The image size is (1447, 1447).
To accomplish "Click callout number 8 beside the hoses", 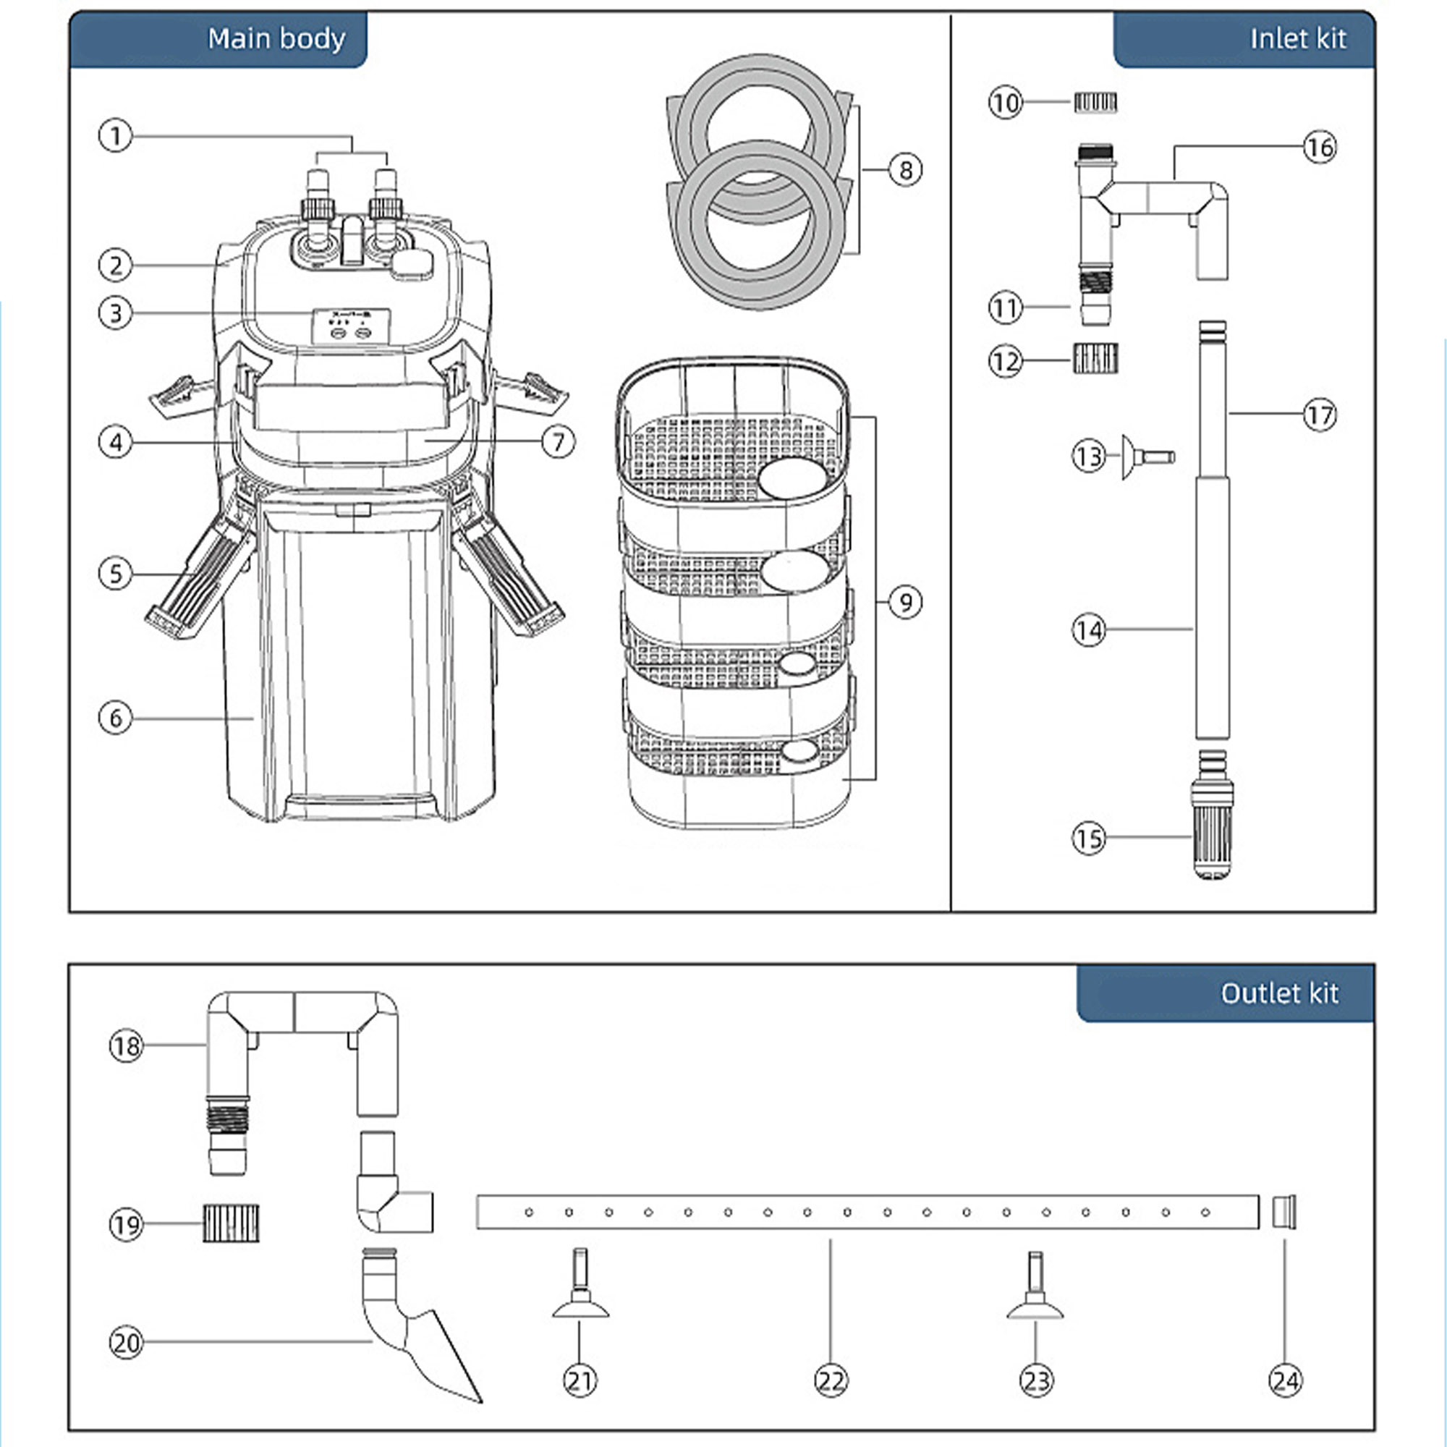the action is pyautogui.click(x=906, y=170).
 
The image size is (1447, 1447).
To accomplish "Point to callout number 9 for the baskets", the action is pyautogui.click(x=906, y=602).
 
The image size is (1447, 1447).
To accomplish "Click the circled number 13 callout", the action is pyautogui.click(x=1089, y=456).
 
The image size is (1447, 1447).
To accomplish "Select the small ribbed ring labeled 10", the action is pyautogui.click(x=1095, y=103).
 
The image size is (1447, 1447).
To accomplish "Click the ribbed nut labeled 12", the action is pyautogui.click(x=1095, y=359).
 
